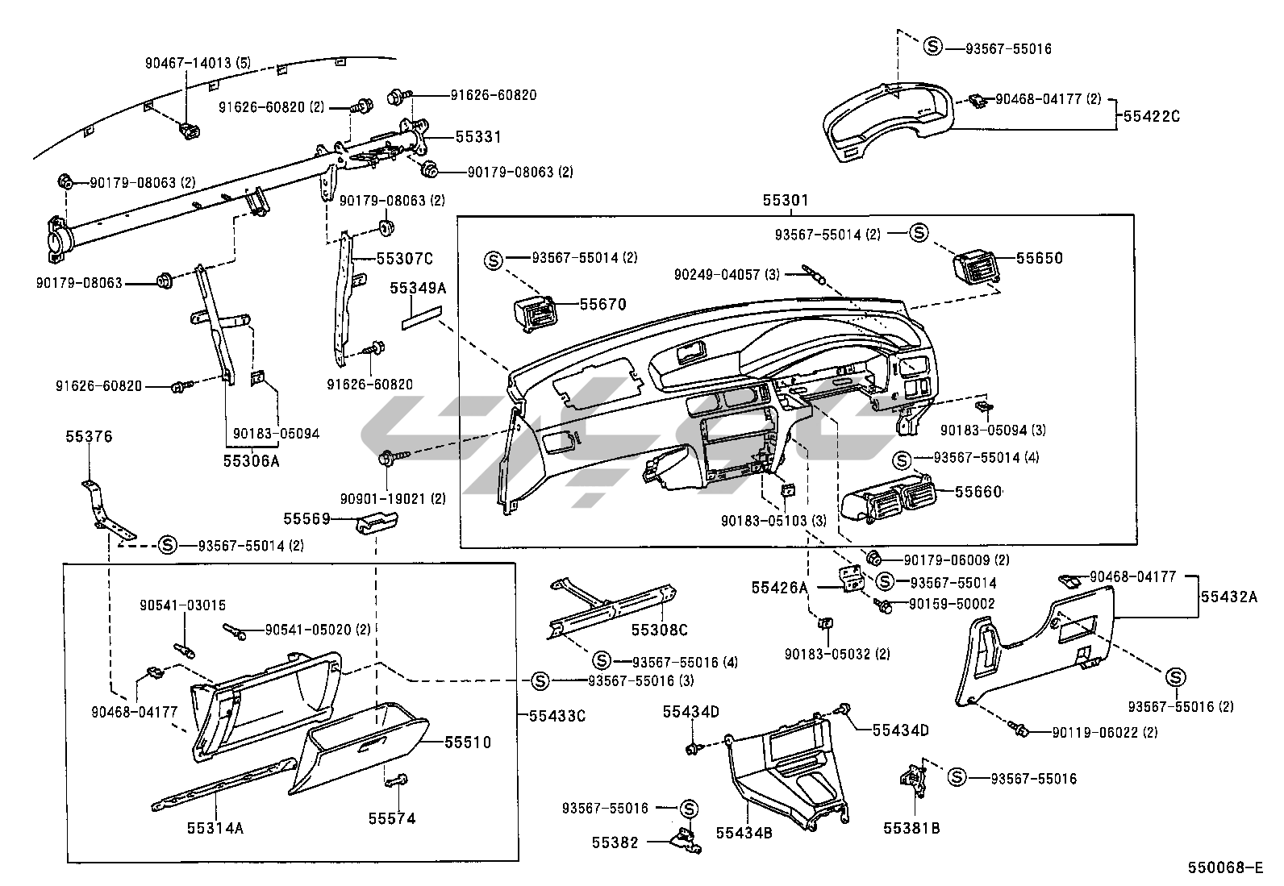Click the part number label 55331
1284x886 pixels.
(x=478, y=137)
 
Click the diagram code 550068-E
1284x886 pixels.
(x=1224, y=867)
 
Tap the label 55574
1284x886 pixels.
(x=392, y=819)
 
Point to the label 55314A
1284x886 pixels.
(x=215, y=827)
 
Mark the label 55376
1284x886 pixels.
(x=89, y=437)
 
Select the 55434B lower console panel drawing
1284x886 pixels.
(x=786, y=774)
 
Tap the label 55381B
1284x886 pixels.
(x=911, y=827)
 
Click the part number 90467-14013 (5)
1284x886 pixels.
(x=187, y=62)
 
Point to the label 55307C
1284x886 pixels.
(x=405, y=259)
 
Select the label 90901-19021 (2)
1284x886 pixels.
(x=393, y=499)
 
